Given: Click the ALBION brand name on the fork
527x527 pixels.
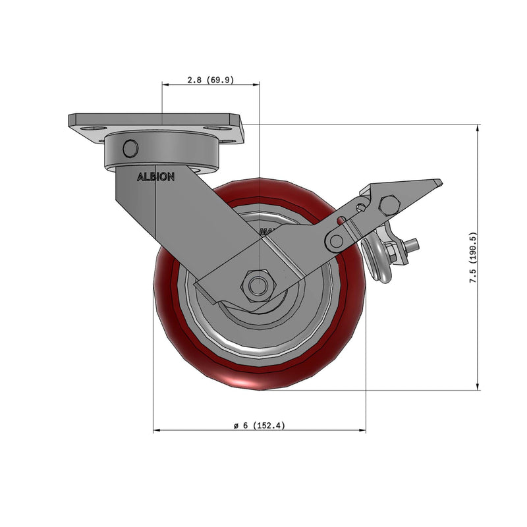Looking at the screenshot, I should click(x=155, y=177).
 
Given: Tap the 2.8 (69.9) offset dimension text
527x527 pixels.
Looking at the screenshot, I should click(x=210, y=80).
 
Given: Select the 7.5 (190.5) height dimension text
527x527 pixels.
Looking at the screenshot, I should click(x=472, y=258).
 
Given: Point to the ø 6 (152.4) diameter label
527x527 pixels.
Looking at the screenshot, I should click(x=259, y=426).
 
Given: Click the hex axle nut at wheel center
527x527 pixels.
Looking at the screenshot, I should click(x=258, y=285).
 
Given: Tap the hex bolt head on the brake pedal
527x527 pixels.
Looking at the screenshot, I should click(x=390, y=206).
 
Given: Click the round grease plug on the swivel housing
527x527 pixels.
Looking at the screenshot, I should click(x=130, y=148).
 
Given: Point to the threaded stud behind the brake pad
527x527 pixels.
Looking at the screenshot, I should click(x=413, y=246).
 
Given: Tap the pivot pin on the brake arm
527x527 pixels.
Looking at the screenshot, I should click(x=337, y=241).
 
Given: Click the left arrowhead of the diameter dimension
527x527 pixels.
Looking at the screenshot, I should click(x=156, y=431).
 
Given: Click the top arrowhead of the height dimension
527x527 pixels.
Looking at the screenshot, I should click(x=478, y=127).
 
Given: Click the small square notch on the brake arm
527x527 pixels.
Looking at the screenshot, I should click(x=360, y=208).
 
